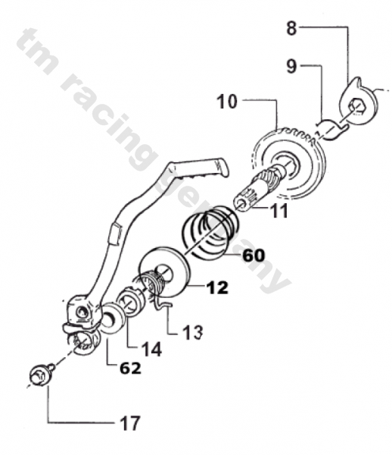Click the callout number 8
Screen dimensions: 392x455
292,29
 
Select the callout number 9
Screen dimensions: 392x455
292,66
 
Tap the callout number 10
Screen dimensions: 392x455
227,102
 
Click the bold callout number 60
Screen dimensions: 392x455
254,256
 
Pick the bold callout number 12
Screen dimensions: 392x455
217,287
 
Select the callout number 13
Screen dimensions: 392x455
192,332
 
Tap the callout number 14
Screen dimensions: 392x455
151,349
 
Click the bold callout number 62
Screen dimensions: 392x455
130,369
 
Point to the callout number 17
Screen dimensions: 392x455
129,423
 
